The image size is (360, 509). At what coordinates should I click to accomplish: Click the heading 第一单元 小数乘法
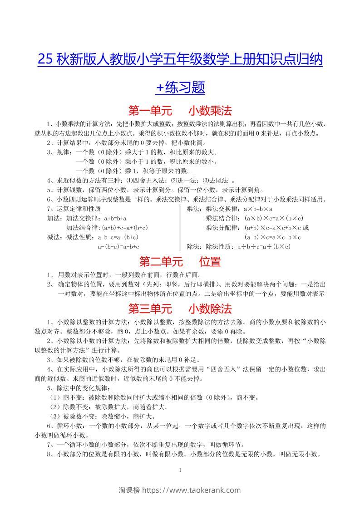pyautogui.click(x=180, y=110)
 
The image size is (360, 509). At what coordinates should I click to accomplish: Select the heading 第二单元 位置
pyautogui.click(x=180, y=262)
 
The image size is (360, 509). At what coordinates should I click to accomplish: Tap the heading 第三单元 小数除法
pyautogui.click(x=180, y=309)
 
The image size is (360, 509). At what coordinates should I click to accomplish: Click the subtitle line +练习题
pyautogui.click(x=180, y=87)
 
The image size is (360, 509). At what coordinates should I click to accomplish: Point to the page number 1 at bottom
pyautogui.click(x=180, y=470)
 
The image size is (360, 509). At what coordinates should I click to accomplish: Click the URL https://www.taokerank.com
pyautogui.click(x=192, y=490)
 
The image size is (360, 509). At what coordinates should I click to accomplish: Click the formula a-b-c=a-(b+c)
pyautogui.click(x=118, y=237)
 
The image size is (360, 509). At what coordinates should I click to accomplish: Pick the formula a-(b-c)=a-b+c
pyautogui.click(x=118, y=247)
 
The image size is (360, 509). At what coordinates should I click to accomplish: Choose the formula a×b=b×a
pyautogui.click(x=258, y=208)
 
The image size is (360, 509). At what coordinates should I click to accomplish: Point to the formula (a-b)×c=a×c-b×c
pyautogui.click(x=273, y=237)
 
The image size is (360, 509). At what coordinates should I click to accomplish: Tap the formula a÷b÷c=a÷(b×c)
pyautogui.click(x=264, y=247)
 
